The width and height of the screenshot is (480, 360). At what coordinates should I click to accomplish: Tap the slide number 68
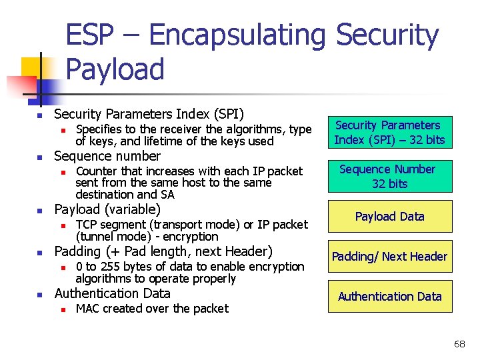(459, 344)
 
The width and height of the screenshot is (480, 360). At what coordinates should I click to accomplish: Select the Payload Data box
(389, 217)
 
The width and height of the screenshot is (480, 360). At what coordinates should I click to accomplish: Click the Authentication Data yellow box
(389, 297)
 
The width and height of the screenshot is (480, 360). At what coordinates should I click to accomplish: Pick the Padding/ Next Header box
(389, 257)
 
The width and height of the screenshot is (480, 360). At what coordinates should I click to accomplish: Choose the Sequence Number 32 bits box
(389, 177)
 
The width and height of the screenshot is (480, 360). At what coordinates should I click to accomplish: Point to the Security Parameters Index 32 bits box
(389, 133)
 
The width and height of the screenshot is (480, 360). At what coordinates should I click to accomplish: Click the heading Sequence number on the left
(107, 156)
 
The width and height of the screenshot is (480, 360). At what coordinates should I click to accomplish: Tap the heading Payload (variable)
(107, 209)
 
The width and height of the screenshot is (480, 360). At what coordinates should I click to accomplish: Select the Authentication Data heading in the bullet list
(112, 293)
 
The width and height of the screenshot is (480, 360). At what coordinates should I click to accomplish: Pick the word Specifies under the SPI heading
(99, 129)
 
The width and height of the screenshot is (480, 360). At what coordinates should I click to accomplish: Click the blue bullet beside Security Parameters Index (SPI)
(39, 115)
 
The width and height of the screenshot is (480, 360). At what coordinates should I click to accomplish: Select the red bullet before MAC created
(62, 309)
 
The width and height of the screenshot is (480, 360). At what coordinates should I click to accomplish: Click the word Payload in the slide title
(115, 69)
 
